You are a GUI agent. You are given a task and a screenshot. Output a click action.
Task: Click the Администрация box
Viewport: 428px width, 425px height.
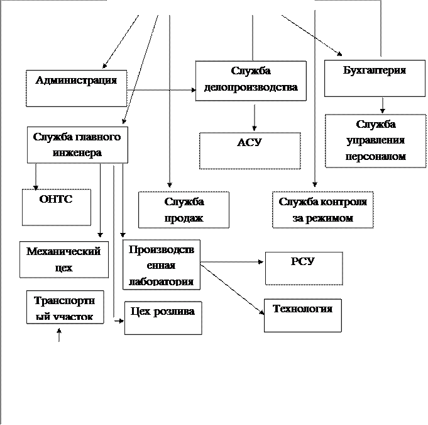(x=76, y=88)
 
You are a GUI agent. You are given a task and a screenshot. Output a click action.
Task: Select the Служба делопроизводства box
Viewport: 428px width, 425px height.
(x=251, y=81)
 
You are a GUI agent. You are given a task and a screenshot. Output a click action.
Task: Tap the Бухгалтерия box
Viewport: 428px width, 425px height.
(x=375, y=78)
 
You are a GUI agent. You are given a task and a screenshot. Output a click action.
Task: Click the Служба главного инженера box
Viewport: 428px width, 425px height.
(x=77, y=145)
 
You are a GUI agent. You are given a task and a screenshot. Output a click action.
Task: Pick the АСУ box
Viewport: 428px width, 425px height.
(x=250, y=150)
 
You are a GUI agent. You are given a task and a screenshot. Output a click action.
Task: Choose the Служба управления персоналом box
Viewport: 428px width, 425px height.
(x=375, y=140)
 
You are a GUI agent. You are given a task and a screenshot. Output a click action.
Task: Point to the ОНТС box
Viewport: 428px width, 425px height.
(x=57, y=207)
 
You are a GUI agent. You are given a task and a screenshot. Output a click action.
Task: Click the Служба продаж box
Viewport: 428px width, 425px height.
(x=184, y=210)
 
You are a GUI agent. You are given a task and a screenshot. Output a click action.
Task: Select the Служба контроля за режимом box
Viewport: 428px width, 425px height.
(x=323, y=210)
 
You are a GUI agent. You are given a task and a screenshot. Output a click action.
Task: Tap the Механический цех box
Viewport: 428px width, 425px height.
(x=63, y=259)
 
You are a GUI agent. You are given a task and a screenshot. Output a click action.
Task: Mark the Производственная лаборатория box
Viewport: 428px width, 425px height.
(x=162, y=264)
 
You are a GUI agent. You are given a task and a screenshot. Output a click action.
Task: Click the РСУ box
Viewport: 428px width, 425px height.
(x=304, y=268)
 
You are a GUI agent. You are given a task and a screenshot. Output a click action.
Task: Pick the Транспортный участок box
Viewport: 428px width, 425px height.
(x=65, y=307)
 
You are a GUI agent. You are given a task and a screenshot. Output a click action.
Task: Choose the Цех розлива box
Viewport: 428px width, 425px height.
(x=163, y=317)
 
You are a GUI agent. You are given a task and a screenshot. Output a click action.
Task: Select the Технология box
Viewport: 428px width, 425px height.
(x=302, y=315)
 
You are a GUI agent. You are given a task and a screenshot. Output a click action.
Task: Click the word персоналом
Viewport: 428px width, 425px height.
(x=375, y=157)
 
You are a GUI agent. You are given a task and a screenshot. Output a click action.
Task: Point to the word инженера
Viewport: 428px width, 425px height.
(x=78, y=153)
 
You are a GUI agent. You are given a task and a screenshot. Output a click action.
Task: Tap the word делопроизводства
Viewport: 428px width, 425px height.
(x=251, y=88)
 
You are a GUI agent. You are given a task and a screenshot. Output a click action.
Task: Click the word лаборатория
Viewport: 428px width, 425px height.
(x=161, y=281)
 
